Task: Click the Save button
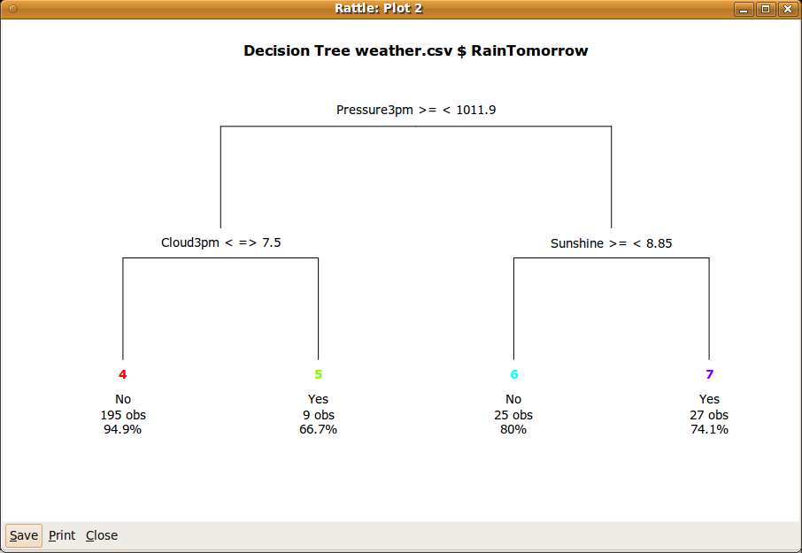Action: coord(24,535)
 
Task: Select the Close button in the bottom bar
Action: coord(102,535)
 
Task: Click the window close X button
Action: coord(786,9)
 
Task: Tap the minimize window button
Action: coord(744,9)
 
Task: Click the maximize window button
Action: coord(766,9)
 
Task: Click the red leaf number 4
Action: coord(123,374)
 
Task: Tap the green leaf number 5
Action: coord(319,374)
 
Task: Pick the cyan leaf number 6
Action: coord(513,374)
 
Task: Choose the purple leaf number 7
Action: coord(709,374)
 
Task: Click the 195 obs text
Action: coord(123,415)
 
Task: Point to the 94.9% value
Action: coord(123,430)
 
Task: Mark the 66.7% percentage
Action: coord(319,430)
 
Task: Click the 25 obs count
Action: coord(513,415)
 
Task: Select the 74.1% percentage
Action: coord(709,430)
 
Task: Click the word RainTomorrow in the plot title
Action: coord(529,50)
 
